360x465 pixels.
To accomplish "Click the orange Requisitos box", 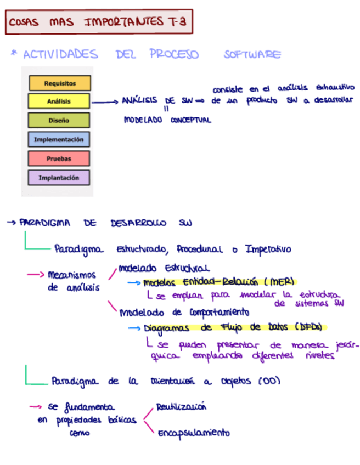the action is click(x=60, y=83).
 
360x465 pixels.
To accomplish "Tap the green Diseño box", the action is click(x=59, y=120).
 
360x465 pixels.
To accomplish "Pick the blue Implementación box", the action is click(x=59, y=139).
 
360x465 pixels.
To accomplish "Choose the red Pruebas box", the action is click(x=59, y=158).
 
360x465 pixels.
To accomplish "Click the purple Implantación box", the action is click(x=59, y=178).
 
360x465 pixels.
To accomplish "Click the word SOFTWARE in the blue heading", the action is click(x=252, y=55).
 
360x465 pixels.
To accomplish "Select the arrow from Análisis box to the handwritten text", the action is click(x=105, y=101).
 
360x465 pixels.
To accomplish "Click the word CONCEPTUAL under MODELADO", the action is click(x=190, y=120).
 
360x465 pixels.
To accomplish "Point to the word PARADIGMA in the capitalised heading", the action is click(x=46, y=223).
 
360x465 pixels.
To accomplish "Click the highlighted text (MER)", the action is click(x=279, y=282).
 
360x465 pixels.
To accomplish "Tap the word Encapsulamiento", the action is click(x=194, y=433).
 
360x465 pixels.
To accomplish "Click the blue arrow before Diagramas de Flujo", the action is click(x=135, y=328).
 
